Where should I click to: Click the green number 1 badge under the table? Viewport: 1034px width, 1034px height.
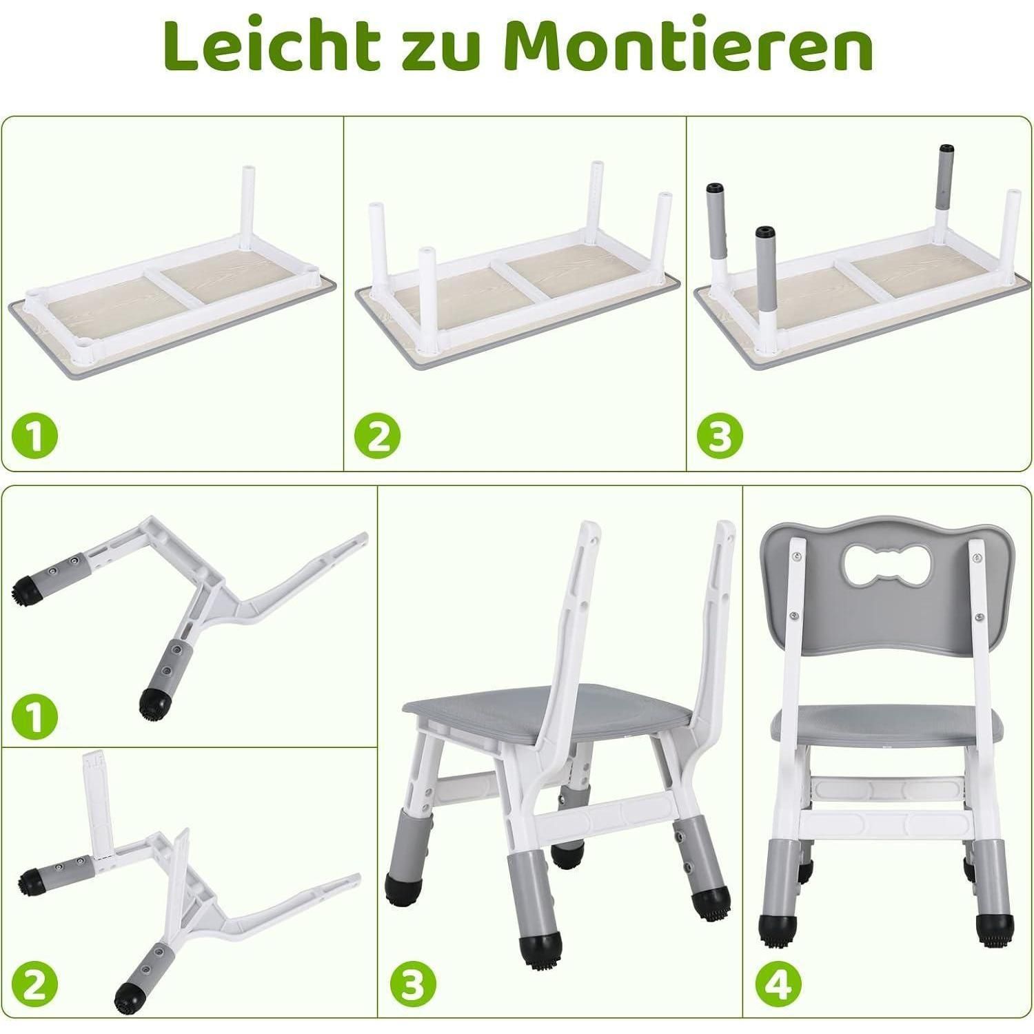pos(35,436)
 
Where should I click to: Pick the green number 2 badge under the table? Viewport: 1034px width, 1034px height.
pos(378,436)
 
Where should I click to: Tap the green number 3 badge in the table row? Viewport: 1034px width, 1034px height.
pos(720,436)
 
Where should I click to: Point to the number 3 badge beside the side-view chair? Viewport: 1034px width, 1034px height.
pos(412,981)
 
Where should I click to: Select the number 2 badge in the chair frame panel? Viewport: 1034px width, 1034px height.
pos(35,984)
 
